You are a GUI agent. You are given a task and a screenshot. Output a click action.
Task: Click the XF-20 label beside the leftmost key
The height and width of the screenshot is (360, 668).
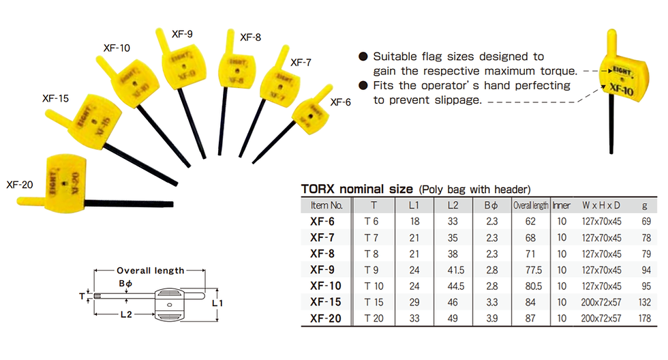20,185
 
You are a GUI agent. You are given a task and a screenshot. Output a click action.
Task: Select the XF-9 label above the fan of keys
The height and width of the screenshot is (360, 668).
182,34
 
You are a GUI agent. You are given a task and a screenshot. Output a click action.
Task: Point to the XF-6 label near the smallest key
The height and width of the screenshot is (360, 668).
340,102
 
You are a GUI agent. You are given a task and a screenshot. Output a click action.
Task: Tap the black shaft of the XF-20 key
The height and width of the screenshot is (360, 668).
129,204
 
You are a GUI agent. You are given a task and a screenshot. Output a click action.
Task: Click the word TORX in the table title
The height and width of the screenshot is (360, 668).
318,189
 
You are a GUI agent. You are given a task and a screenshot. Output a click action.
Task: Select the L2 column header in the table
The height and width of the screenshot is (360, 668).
453,205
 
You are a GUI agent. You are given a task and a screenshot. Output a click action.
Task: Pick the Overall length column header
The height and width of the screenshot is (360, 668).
530,205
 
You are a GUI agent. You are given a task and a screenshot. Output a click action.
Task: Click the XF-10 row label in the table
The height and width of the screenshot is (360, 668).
326,286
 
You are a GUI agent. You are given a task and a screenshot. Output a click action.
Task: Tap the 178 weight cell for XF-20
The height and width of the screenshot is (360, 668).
645,318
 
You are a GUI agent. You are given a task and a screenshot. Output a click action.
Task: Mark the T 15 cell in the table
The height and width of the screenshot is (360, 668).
374,302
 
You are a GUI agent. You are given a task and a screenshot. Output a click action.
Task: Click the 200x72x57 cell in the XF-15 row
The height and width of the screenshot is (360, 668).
601,302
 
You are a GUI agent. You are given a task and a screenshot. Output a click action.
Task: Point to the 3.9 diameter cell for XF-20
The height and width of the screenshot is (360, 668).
491,318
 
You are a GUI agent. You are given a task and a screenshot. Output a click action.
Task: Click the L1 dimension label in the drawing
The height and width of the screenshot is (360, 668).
217,303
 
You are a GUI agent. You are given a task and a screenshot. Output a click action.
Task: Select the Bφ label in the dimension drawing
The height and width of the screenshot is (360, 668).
125,284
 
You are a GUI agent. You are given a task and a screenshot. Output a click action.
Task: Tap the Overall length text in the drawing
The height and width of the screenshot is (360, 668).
151,271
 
